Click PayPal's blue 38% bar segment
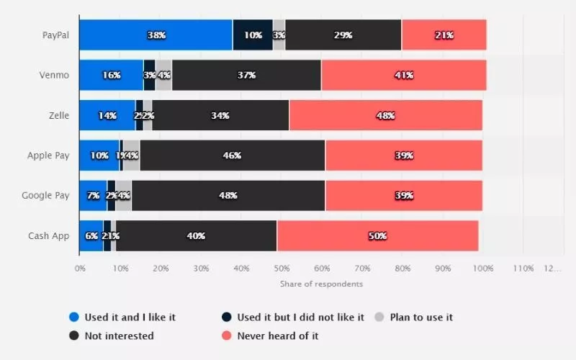click(x=156, y=35)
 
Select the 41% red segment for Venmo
click(x=403, y=75)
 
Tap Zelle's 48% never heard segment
click(x=385, y=115)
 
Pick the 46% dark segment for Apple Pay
click(x=233, y=156)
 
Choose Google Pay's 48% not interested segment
click(x=228, y=196)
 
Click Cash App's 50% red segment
click(x=377, y=236)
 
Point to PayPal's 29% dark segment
click(x=343, y=35)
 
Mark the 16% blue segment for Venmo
click(x=111, y=75)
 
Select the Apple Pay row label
click(x=48, y=156)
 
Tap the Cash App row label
click(x=49, y=236)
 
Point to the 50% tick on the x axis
click(x=282, y=269)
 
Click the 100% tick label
click(x=482, y=269)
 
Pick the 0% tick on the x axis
click(x=80, y=269)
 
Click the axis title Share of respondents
click(x=321, y=284)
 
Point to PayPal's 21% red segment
click(x=444, y=35)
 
